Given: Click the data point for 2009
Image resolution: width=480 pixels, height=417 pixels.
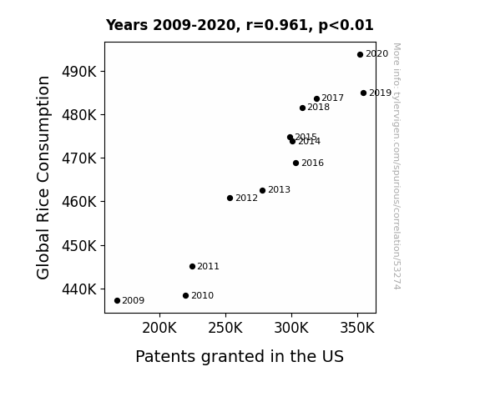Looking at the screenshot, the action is coord(117,301).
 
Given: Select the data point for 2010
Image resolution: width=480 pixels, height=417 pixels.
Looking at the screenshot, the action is coord(185,295).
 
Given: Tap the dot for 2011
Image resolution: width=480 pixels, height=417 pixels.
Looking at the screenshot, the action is coord(192,267).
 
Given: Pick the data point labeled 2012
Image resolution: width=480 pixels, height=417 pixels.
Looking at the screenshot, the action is coord(230,198).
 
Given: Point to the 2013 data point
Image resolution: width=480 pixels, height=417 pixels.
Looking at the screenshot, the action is coord(262,190).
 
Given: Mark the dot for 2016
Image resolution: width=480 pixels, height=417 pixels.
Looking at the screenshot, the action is coord(296,163).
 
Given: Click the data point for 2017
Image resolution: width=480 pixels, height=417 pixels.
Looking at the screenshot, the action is coord(316,98).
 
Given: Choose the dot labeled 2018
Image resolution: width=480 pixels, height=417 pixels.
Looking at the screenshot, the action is coord(302,108).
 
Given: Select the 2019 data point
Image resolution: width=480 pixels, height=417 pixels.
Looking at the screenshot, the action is coord(363,93).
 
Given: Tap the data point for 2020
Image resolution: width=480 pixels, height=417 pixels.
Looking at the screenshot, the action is coord(360,54).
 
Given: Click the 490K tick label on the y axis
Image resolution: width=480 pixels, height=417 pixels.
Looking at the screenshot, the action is coord(79,72).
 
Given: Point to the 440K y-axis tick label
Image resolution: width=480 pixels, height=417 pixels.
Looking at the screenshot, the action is coord(79,289).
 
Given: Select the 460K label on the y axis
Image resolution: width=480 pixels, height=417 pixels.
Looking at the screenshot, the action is coord(79,202).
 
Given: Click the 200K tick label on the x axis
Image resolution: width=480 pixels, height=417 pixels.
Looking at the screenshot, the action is coord(159,328).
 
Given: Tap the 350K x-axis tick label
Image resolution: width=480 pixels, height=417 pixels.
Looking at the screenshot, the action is coord(357,328).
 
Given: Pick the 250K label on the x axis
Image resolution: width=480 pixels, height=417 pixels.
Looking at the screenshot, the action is coord(225,328).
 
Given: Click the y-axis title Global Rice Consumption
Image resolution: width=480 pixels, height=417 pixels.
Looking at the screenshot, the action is coord(43,178).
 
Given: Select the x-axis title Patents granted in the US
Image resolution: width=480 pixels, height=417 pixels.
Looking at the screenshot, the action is coord(240,357).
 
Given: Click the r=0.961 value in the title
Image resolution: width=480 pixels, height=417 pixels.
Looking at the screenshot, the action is coord(277,25).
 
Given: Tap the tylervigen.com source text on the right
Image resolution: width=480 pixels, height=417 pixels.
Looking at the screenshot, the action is coord(397,166).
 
